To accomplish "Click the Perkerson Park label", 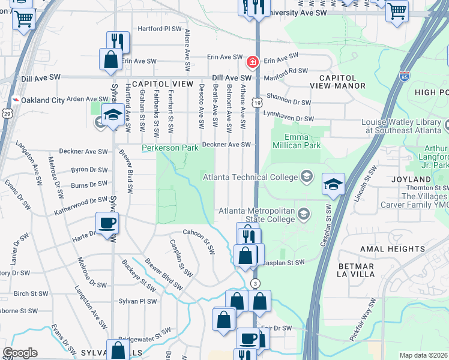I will tap(170, 148).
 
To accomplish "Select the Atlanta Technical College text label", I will tap(250, 177).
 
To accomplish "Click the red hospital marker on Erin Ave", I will tap(253, 62).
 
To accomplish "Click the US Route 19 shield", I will tap(256, 103).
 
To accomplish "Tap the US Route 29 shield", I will tap(7, 113).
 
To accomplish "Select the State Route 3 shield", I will tap(256, 283).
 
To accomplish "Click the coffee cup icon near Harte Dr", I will tap(108, 223).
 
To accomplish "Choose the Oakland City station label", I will tap(43, 100).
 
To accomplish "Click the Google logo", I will tap(20, 353).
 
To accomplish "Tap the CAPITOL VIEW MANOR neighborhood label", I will tap(342, 82).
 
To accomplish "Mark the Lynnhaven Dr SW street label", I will tap(288, 119).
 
